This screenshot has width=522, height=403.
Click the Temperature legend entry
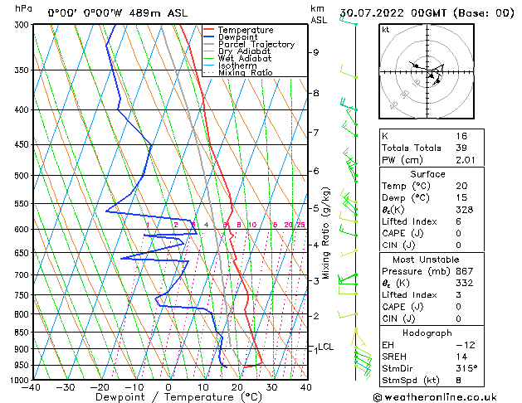[x=245, y=30]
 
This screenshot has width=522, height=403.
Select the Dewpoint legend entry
[x=240, y=37]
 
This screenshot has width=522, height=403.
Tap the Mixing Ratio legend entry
[x=246, y=73]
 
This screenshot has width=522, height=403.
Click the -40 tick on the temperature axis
[x=32, y=387]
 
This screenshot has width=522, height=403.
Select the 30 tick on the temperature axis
[x=271, y=387]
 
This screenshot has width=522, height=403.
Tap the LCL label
[x=325, y=347]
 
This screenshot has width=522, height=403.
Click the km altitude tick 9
[x=315, y=52]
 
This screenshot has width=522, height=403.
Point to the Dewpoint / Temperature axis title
[x=168, y=397]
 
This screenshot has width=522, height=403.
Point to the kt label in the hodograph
[x=385, y=30]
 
